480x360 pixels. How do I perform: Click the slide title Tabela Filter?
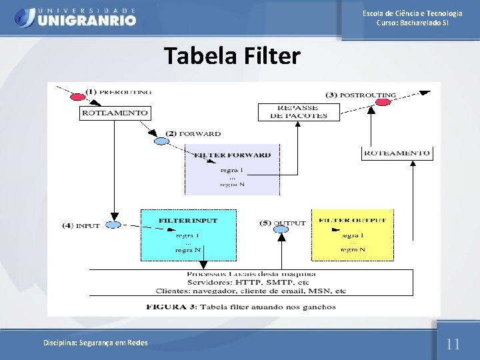point(232,56)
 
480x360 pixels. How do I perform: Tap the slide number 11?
point(453,344)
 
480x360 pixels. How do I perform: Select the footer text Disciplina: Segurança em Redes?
point(96,343)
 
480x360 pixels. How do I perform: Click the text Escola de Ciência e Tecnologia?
point(413,13)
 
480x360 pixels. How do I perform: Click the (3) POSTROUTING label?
point(361,95)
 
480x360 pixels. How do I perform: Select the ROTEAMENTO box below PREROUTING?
point(114,113)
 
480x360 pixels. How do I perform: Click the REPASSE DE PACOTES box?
point(298,111)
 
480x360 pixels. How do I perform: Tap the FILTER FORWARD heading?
point(232,155)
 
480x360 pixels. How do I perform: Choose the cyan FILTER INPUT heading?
point(187,220)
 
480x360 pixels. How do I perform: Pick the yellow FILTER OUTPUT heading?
point(352,220)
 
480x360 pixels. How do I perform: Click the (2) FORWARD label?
point(193,133)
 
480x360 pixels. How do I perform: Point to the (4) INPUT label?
point(81,225)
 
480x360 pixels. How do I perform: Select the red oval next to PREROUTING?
point(76,98)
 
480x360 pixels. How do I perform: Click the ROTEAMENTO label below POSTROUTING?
point(397,153)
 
